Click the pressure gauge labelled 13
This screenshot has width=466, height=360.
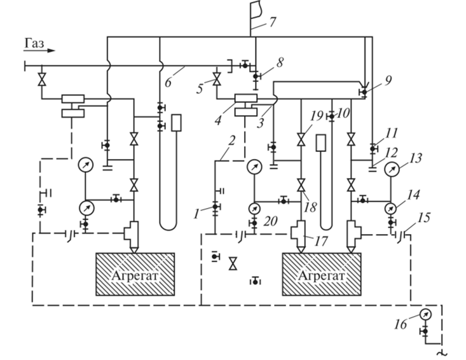click(399, 172)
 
